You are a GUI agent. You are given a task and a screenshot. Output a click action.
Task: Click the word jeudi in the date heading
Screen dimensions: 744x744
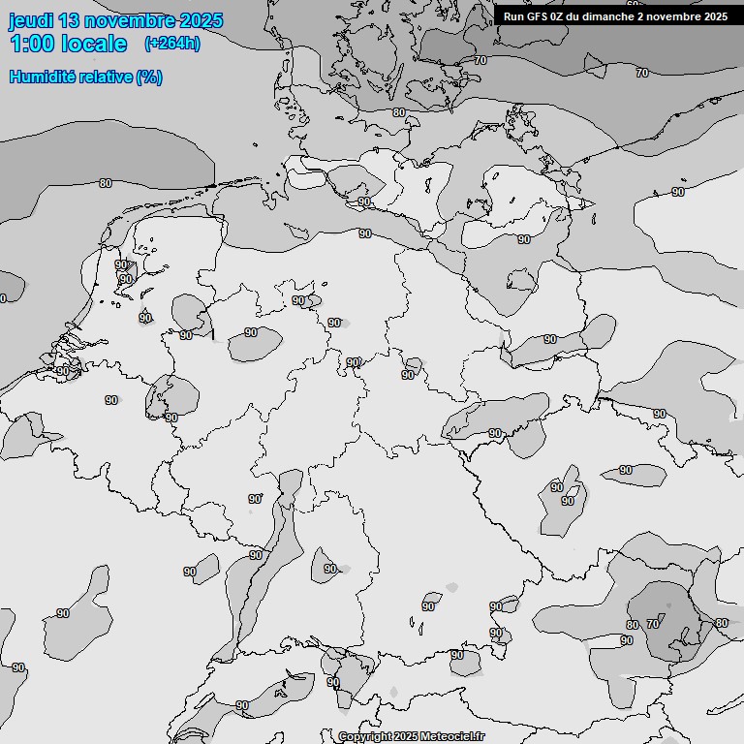32,21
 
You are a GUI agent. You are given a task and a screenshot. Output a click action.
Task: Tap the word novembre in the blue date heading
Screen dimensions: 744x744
129,21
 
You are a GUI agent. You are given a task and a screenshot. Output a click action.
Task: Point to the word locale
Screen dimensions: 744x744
94,44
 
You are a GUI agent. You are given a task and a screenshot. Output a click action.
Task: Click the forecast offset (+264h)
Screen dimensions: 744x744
171,44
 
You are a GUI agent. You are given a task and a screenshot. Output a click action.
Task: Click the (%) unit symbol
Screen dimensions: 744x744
149,77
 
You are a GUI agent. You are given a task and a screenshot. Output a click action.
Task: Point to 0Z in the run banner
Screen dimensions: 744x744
558,16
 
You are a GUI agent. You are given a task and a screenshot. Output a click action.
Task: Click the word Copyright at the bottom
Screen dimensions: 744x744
366,737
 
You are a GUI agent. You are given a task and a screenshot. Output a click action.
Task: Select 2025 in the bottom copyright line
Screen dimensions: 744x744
406,737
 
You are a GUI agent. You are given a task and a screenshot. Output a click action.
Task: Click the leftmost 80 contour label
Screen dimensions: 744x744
105,183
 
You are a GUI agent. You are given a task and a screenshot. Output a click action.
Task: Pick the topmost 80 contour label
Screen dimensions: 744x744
398,112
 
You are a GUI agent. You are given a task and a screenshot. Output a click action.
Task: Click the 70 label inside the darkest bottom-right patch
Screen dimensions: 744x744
652,625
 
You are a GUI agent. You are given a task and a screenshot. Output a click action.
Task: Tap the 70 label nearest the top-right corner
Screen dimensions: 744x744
641,73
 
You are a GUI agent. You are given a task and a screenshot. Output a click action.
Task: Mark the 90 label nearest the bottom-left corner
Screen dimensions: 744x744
18,667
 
